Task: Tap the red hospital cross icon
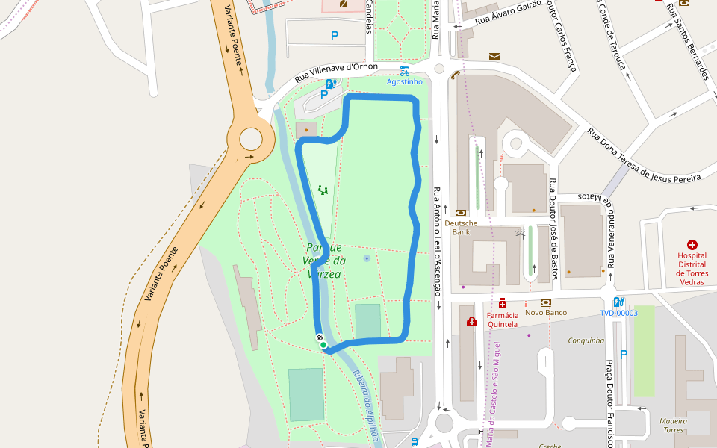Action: pyautogui.click(x=692, y=245)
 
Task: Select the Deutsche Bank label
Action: pyautogui.click(x=461, y=227)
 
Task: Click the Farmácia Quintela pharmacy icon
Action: pyautogui.click(x=503, y=304)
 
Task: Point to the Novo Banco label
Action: pyautogui.click(x=545, y=312)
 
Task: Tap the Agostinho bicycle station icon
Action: pyautogui.click(x=404, y=71)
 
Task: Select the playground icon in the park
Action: pyautogui.click(x=323, y=190)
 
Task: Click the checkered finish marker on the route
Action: pyautogui.click(x=320, y=337)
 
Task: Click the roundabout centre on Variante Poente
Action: pyautogui.click(x=251, y=139)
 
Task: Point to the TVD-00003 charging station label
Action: pyautogui.click(x=618, y=313)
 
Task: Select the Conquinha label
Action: pyautogui.click(x=586, y=340)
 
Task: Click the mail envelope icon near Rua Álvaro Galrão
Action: pyautogui.click(x=494, y=57)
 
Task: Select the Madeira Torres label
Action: pyautogui.click(x=673, y=425)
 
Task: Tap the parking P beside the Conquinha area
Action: pyautogui.click(x=624, y=355)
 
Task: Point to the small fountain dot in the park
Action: pyautogui.click(x=366, y=258)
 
